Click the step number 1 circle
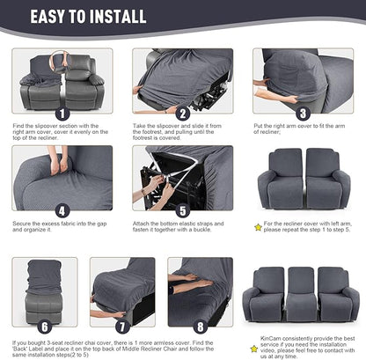pos(62,114)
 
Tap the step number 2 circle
pos(182,114)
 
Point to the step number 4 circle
pos(62,211)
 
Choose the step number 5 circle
pos(182,211)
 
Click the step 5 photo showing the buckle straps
pos(182,176)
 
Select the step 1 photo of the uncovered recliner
pos(62,79)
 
